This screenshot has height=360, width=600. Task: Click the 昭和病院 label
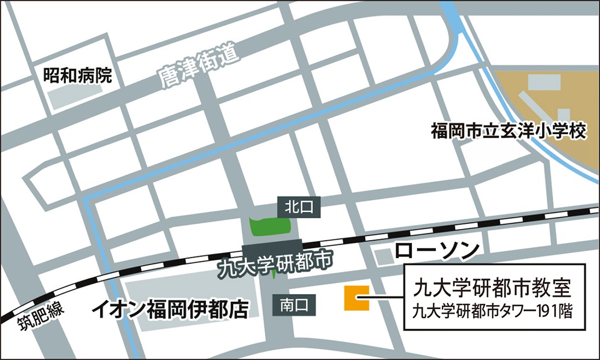(78, 75)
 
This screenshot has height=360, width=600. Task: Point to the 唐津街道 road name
(197, 69)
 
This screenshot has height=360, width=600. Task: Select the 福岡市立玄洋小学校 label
(509, 131)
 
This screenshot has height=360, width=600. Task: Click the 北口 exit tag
(299, 207)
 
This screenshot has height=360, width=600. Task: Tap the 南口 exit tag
(295, 303)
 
